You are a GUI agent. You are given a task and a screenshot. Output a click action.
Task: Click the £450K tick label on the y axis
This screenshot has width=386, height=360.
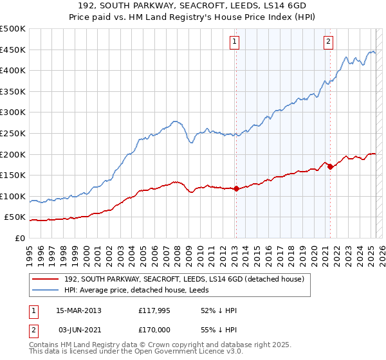tap(13, 50)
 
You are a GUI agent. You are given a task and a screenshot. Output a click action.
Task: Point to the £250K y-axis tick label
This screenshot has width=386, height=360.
tap(13, 134)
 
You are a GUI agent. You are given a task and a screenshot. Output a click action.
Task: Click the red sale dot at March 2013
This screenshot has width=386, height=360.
tap(236, 189)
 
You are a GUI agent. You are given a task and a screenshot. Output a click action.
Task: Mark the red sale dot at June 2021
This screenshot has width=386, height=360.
tap(330, 166)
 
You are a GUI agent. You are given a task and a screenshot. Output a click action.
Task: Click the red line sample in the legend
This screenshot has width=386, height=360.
tap(45, 278)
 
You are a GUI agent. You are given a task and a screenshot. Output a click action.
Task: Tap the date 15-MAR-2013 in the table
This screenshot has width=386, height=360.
tap(78, 310)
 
